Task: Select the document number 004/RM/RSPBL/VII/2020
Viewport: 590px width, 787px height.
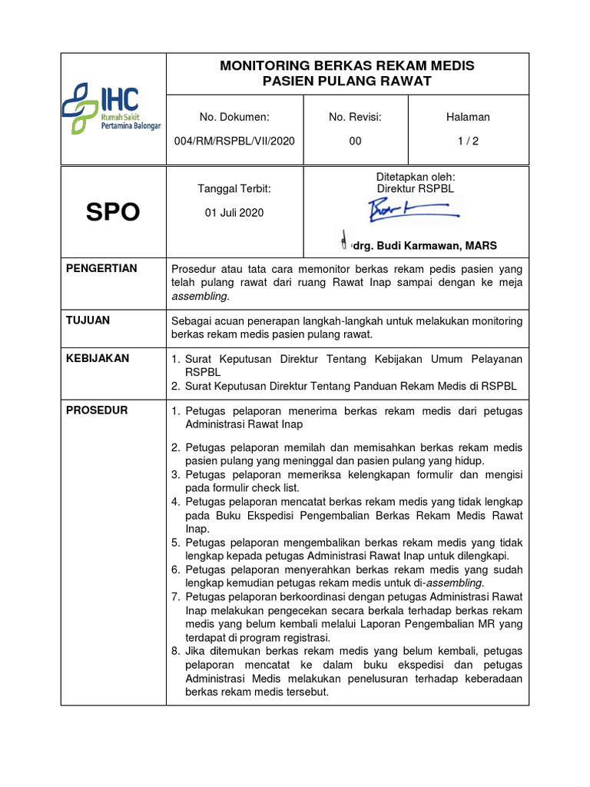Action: point(235,141)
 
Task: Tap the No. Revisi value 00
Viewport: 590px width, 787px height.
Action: point(355,141)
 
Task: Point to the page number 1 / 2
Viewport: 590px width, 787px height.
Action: point(468,141)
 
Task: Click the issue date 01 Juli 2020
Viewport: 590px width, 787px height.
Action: point(234,213)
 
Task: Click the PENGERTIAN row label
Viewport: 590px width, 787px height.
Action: point(102,268)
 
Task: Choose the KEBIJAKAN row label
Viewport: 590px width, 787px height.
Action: point(98,358)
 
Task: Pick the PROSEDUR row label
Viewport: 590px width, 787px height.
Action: point(97,410)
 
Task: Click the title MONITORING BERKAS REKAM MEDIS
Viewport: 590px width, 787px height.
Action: point(347,66)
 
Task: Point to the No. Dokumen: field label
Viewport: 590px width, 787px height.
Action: point(234,117)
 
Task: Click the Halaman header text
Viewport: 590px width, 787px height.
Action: point(468,117)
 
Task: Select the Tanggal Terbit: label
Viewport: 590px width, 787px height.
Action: point(234,188)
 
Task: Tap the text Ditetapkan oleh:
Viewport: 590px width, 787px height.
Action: point(416,177)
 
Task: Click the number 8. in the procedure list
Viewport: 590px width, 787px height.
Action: point(175,651)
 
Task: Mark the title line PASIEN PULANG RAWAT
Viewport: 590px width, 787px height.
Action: point(347,81)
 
